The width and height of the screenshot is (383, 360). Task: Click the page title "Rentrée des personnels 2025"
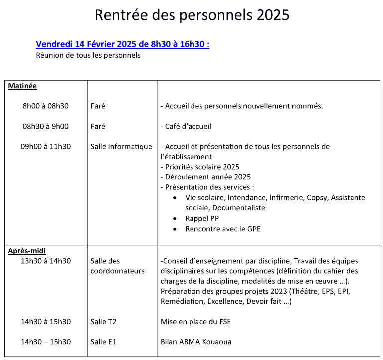click(x=192, y=15)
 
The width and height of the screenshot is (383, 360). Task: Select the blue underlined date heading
click(x=123, y=44)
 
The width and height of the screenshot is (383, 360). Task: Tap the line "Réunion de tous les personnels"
click(x=88, y=55)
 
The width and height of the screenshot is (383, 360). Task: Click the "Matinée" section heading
click(x=22, y=86)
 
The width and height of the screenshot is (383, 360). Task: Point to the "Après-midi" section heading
click(x=27, y=251)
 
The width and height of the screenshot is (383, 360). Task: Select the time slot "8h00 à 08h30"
click(x=45, y=106)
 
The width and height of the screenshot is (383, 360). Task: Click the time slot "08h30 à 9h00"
click(x=45, y=126)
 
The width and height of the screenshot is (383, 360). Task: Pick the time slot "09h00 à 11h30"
click(x=46, y=146)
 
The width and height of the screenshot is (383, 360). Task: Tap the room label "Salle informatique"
click(x=121, y=146)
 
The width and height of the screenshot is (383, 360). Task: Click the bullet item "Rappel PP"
click(x=202, y=218)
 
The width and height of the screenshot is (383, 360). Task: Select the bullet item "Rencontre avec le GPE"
click(x=223, y=229)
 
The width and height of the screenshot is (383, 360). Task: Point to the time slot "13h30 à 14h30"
click(x=46, y=261)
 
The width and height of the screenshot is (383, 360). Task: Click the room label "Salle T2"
click(x=103, y=322)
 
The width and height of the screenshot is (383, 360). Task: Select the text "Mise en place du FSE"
click(x=195, y=322)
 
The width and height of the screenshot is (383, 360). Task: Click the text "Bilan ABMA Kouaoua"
click(x=196, y=342)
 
